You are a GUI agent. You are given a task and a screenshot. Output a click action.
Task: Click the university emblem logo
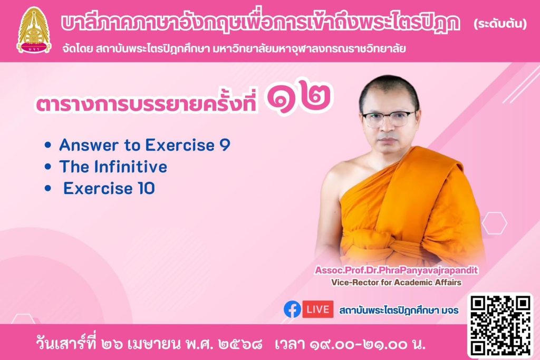[x=34, y=30]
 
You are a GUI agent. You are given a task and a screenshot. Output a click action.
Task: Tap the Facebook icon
[x=292, y=309]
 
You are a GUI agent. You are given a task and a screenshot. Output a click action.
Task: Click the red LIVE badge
[x=317, y=309]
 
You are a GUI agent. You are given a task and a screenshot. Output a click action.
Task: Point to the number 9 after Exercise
[x=225, y=145]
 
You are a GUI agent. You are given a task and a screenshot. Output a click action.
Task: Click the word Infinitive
[x=131, y=167]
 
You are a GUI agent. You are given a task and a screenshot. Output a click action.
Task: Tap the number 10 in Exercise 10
[x=147, y=189]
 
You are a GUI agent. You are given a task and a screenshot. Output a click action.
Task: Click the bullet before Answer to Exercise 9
[x=48, y=145]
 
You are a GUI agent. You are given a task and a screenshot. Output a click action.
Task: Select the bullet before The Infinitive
[x=48, y=167]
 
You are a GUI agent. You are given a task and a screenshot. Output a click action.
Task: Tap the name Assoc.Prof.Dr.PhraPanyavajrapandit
[x=397, y=270]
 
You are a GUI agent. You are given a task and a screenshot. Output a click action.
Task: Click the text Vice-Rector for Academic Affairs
[x=397, y=283]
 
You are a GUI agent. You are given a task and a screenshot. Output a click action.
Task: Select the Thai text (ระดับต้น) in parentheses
[x=500, y=24]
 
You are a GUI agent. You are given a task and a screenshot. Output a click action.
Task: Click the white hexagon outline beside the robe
[x=495, y=223]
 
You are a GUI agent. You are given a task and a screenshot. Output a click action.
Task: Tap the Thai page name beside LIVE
[x=399, y=310]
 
